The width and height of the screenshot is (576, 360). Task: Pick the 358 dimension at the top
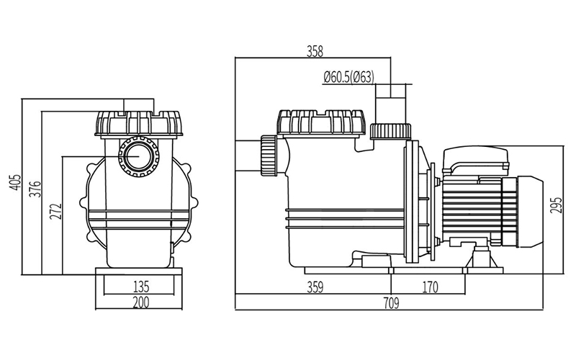click(x=314, y=51)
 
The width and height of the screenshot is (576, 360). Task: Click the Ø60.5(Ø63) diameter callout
click(x=348, y=78)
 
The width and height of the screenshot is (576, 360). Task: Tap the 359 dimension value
click(x=314, y=287)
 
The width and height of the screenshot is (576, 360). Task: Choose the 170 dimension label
click(x=430, y=287)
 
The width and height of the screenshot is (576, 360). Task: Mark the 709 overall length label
click(x=390, y=303)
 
